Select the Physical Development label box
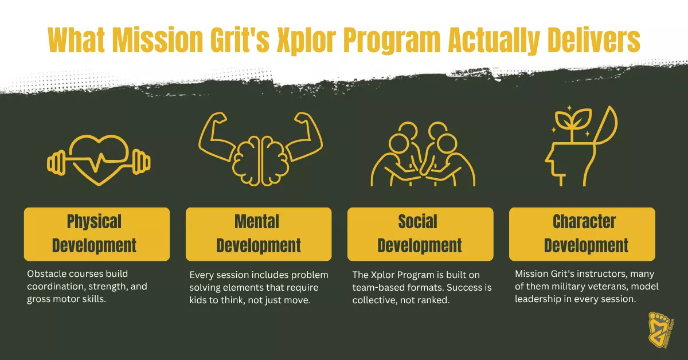[96, 234]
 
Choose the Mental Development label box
[259, 234]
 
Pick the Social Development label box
[420, 234]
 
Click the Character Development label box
[582, 234]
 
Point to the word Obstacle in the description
[46, 273]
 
